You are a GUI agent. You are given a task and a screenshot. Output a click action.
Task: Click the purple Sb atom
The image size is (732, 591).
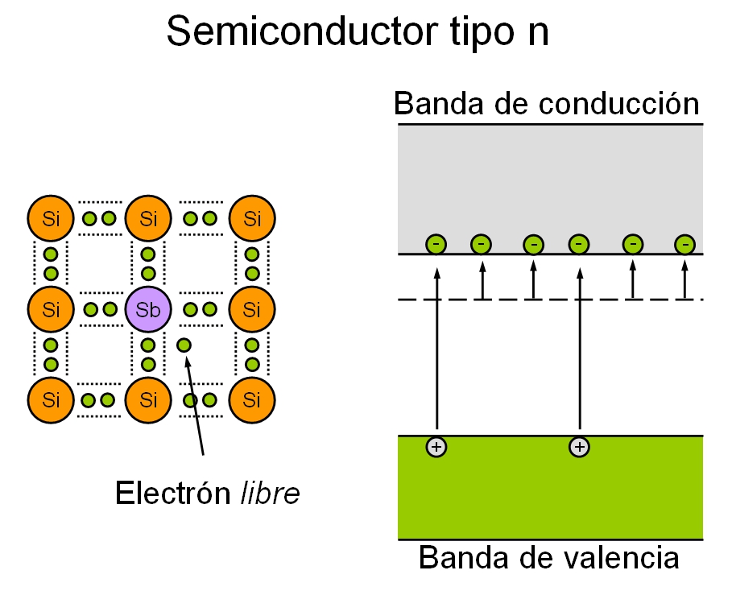148,308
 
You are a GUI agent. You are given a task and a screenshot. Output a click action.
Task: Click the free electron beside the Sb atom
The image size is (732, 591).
184,345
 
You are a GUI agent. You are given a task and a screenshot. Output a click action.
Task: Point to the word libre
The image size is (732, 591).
270,493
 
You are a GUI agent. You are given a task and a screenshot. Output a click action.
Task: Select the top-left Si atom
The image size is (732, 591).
51,218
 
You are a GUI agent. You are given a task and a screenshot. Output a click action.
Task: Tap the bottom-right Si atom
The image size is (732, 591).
252,399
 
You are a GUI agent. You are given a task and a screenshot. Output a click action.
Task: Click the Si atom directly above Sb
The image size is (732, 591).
148,218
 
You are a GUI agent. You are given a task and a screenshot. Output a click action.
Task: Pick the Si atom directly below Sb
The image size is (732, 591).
148,399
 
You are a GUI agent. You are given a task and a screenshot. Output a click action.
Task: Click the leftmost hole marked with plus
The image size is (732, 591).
436,446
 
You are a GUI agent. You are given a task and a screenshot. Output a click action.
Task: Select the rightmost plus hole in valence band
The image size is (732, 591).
579,446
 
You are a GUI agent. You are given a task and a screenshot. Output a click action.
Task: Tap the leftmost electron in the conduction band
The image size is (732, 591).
436,243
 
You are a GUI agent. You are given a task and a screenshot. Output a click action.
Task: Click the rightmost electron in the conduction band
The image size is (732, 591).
684,243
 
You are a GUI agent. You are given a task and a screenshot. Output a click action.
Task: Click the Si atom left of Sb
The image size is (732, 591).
51,308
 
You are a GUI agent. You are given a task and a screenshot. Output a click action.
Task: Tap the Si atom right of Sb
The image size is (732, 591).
252,308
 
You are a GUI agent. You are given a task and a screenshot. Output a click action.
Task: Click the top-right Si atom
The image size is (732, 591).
252,218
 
